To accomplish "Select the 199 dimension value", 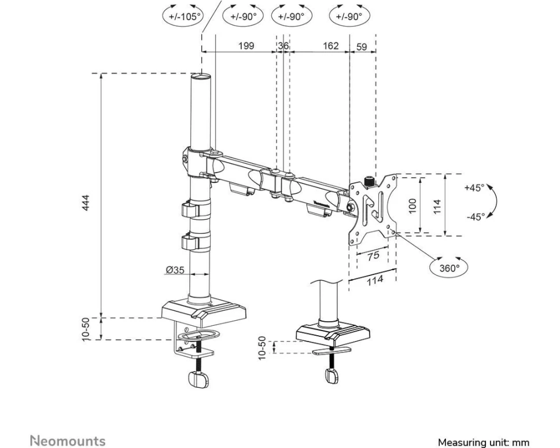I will point(246,46).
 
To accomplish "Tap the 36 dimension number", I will point(283,46).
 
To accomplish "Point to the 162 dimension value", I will point(330,46).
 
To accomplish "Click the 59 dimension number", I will point(362,46).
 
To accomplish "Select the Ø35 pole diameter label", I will point(175,270).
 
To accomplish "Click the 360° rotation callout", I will point(449,267).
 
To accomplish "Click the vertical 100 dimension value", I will point(412,205).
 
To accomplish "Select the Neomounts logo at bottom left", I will point(68,441).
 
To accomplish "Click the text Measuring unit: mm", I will point(483,442).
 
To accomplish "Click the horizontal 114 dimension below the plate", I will point(375,280).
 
